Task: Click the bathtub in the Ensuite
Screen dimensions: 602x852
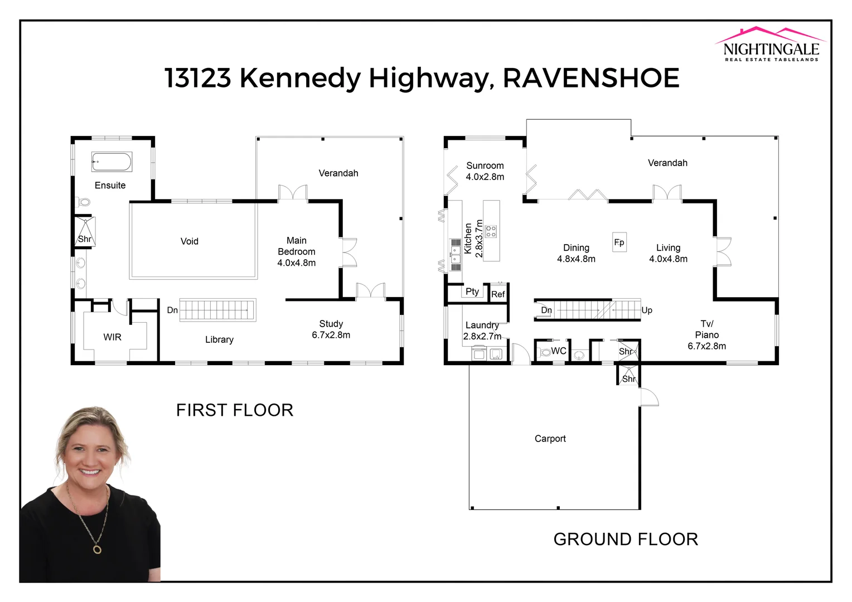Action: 112,162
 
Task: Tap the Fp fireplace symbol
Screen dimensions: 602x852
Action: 619,242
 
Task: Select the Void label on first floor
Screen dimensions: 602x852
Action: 189,241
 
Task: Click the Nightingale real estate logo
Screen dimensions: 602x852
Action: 771,45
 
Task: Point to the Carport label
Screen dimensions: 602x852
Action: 550,439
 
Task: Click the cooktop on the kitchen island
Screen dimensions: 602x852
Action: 491,231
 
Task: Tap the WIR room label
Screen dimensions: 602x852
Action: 112,337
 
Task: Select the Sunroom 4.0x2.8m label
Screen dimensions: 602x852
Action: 485,171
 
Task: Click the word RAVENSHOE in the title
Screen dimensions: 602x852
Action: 591,78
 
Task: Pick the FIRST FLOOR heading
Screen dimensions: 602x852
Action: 234,410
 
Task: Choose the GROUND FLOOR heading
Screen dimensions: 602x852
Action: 625,540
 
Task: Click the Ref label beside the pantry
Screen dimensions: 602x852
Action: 498,294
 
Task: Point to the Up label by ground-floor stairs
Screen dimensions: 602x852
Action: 647,310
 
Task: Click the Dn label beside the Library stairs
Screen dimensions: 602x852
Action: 172,310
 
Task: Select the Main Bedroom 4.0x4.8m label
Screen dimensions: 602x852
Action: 296,251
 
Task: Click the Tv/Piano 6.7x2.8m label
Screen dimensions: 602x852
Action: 706,334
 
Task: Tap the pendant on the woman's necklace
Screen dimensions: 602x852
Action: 97,549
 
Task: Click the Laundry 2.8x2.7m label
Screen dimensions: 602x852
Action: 482,331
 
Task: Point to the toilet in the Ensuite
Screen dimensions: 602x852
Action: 84,202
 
